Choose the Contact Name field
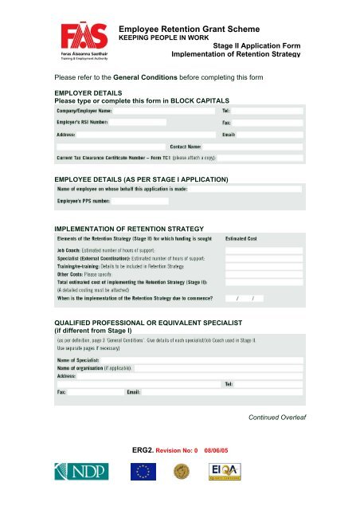click(x=252, y=147)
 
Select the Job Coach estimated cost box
click(x=254, y=249)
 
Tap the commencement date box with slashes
click(x=254, y=297)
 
